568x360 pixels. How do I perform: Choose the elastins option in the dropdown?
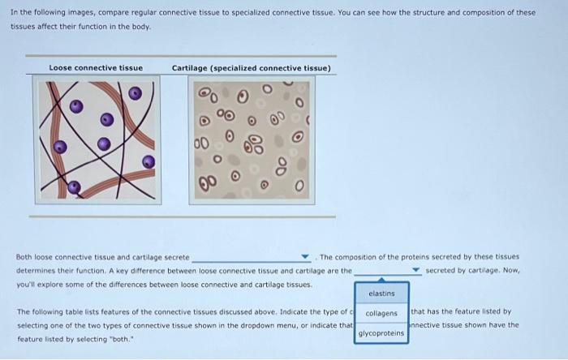pos(381,294)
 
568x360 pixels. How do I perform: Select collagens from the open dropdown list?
pos(381,313)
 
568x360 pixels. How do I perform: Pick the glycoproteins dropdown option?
pos(381,333)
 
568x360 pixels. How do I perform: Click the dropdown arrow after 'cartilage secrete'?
pos(305,256)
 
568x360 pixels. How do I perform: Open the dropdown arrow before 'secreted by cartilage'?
pos(415,270)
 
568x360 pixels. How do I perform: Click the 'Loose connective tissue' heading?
pos(96,67)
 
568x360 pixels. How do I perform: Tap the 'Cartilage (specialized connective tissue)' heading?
pos(251,68)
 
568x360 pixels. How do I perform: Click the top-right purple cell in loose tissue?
pos(136,93)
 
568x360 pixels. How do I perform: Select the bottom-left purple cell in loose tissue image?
pos(74,187)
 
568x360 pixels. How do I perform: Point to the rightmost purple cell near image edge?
pos(148,161)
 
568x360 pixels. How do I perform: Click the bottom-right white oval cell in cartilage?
pos(299,186)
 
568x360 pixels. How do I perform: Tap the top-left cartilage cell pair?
pos(208,94)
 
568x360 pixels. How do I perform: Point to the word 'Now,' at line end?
pos(511,270)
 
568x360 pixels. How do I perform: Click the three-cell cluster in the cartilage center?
pos(253,144)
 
